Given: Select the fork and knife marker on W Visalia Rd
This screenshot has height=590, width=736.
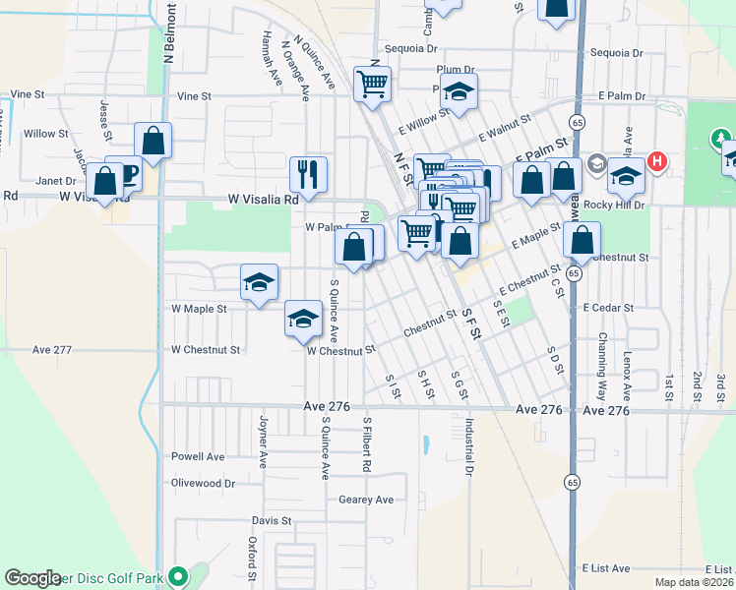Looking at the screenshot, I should click(309, 175).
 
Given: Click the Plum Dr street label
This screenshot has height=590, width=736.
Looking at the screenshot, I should click(456, 69).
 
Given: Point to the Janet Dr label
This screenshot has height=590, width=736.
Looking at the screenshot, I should click(56, 181).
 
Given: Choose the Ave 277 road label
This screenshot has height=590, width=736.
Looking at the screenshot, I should click(52, 349).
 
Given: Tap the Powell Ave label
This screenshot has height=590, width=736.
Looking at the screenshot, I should click(198, 456).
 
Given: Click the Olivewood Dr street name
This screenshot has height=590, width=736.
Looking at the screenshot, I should click(203, 483).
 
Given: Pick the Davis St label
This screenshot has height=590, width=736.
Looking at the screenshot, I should click(273, 520).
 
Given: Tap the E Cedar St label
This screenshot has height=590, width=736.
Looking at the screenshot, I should click(608, 308).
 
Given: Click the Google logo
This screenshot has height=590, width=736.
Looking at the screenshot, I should click(33, 578).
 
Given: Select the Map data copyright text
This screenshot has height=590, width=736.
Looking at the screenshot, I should click(694, 582).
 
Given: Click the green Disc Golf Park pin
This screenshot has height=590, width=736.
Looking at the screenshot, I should click(178, 576).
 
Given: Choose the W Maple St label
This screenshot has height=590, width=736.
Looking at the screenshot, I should click(199, 308).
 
